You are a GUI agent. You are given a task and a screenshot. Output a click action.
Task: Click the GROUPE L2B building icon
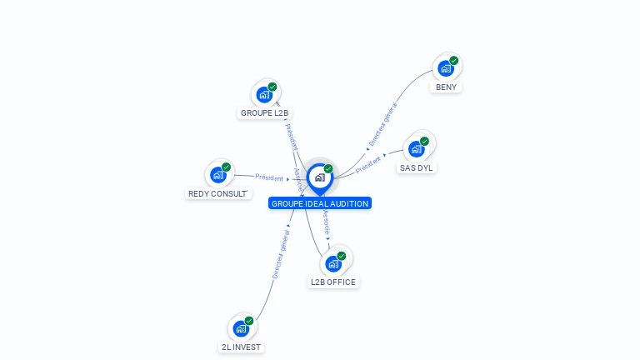click(265, 94)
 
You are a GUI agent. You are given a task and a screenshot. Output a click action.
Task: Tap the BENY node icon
click(447, 68)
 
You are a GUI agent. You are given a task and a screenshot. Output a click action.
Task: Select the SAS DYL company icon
click(417, 149)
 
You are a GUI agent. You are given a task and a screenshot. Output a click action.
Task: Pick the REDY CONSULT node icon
click(219, 174)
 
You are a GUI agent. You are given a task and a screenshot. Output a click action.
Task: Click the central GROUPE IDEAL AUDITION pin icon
click(319, 177)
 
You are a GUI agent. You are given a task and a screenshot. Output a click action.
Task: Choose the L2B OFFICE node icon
click(334, 263)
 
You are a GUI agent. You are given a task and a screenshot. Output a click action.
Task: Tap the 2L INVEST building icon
click(242, 328)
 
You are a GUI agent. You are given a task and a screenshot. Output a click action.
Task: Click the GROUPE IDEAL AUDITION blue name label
click(320, 203)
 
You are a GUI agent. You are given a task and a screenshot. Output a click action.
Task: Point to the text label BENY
click(447, 87)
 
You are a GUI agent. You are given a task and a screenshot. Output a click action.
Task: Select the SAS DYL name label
click(417, 167)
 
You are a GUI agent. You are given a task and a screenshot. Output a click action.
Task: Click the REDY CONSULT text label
click(217, 193)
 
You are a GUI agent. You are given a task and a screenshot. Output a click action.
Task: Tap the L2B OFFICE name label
click(333, 282)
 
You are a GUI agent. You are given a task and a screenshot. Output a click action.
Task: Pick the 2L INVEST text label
click(241, 347)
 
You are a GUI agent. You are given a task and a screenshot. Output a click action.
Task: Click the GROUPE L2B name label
click(265, 112)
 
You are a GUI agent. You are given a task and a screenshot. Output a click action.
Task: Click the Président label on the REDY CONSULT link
click(269, 177)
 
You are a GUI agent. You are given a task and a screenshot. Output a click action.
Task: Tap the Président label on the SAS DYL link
click(369, 164)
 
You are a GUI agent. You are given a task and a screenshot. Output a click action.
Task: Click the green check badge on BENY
click(454, 60)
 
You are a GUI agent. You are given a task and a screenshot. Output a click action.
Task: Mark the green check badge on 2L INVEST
click(249, 321)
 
